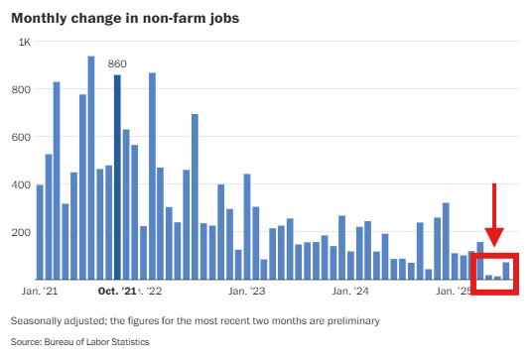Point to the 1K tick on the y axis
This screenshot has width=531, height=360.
pyautogui.click(x=25, y=42)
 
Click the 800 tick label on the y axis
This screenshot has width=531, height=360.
pyautogui.click(x=22, y=89)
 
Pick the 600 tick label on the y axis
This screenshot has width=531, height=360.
pyautogui.click(x=22, y=137)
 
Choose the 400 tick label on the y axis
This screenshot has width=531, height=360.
pyautogui.click(x=22, y=184)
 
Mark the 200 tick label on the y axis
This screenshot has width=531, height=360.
pyautogui.click(x=22, y=232)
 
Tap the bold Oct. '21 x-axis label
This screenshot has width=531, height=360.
pyautogui.click(x=117, y=292)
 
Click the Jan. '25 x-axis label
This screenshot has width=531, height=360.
pyautogui.click(x=457, y=292)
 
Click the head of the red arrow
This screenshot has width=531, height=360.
pyautogui.click(x=494, y=238)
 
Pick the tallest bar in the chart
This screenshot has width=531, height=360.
pyautogui.click(x=91, y=168)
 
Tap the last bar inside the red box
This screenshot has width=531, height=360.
pyautogui.click(x=506, y=271)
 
